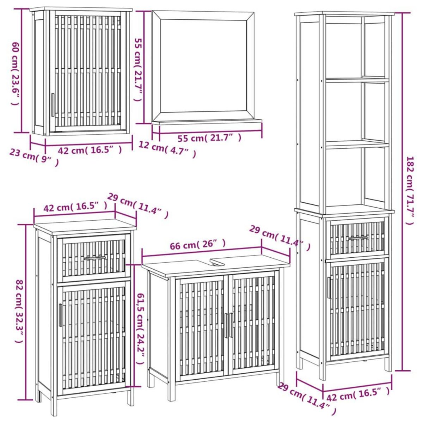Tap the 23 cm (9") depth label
click(33, 157)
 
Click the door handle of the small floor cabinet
click(60, 315)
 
